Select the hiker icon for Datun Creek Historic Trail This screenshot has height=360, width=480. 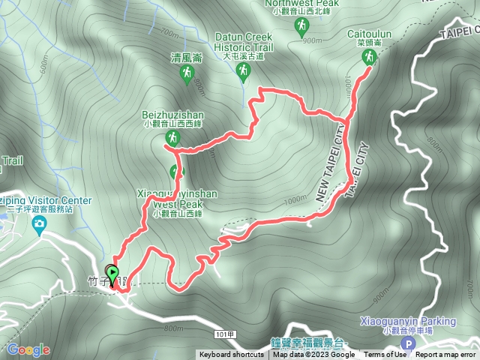click(x=242, y=71)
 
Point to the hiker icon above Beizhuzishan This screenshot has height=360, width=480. click(x=172, y=139)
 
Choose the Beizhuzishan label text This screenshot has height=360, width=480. click(x=172, y=115)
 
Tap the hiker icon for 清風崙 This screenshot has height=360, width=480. click(x=187, y=73)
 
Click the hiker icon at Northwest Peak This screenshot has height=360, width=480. click(x=301, y=27)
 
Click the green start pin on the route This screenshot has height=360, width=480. click(x=113, y=273)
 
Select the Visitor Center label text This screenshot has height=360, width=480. click(x=45, y=200)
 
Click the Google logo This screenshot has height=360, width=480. click(x=28, y=350)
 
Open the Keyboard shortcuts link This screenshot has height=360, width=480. click(x=232, y=355)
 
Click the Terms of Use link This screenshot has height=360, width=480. click(x=385, y=355)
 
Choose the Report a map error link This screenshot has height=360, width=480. click(x=446, y=355)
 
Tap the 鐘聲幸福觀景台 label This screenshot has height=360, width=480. click(x=311, y=342)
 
